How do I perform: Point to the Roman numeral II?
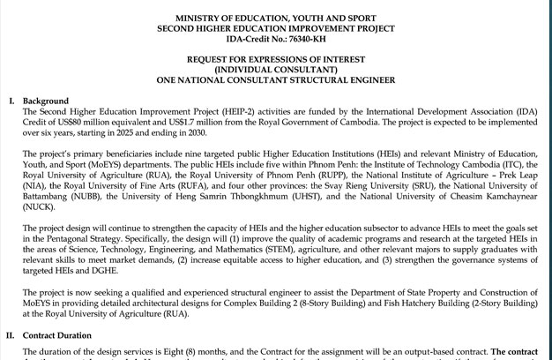point(11,336)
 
